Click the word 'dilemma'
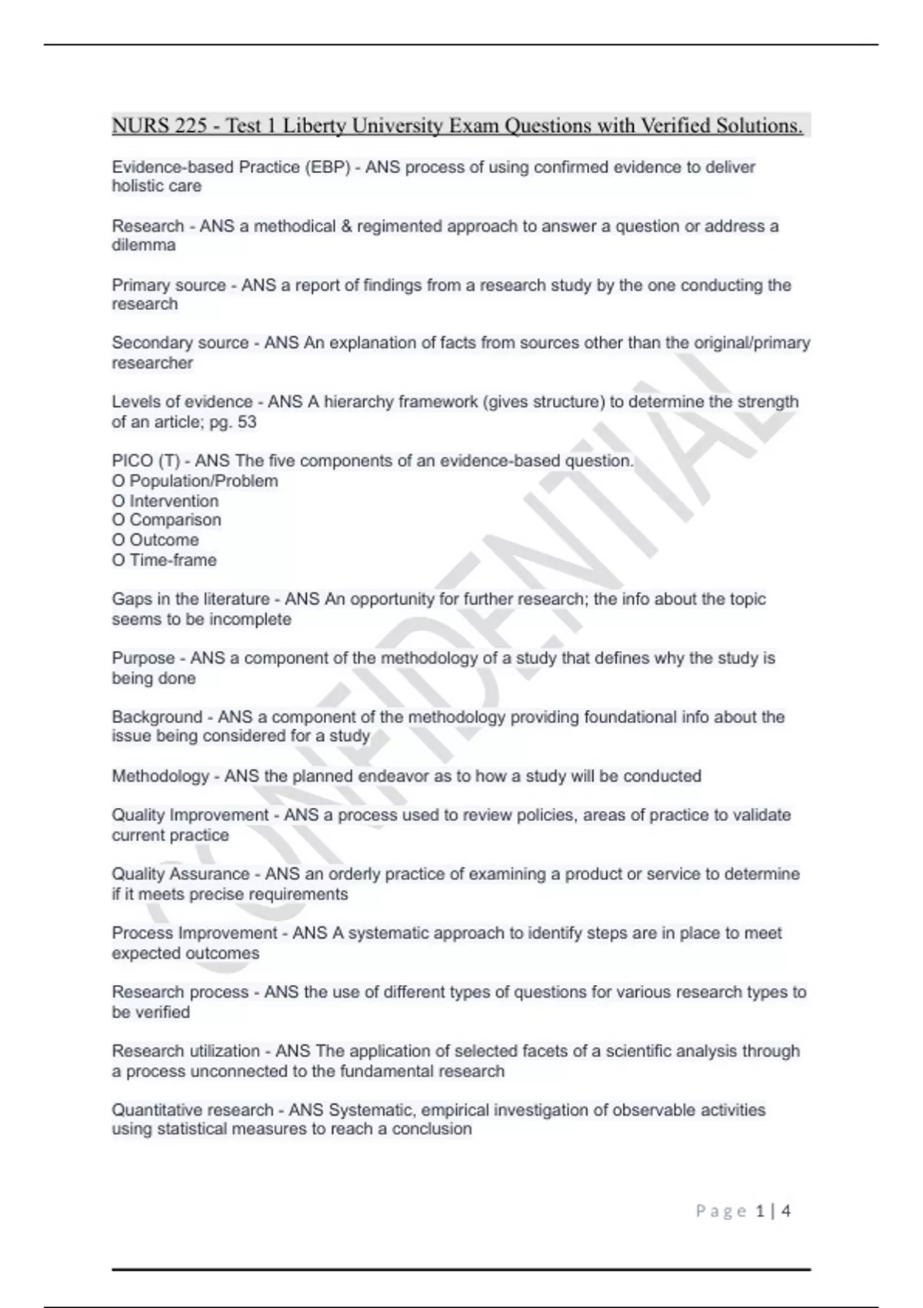click(144, 245)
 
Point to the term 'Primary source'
click(168, 285)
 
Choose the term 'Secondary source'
click(180, 343)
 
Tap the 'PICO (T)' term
click(145, 461)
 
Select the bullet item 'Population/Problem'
click(203, 481)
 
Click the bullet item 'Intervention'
click(174, 501)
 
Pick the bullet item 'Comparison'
click(175, 520)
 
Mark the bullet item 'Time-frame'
click(172, 560)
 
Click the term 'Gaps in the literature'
click(190, 599)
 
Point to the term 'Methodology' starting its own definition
click(160, 776)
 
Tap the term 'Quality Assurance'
click(180, 874)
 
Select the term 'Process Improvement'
click(194, 933)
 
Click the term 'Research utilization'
click(185, 1051)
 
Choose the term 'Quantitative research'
click(192, 1110)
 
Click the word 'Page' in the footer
click(721, 1211)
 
